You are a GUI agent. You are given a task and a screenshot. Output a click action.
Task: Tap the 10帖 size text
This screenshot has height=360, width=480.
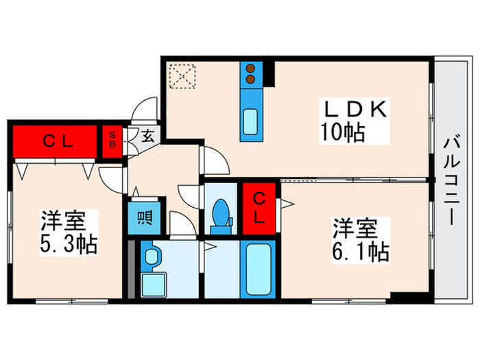coord(341,131)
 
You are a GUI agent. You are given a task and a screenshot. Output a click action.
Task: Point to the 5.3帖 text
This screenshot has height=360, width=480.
coord(68,242)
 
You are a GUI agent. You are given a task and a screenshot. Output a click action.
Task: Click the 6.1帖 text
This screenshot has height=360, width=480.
coord(361,249)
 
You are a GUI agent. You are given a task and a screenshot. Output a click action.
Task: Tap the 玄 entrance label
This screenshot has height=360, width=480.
coord(147,134)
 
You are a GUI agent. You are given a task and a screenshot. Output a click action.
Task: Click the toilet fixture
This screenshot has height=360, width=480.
coord(221,212)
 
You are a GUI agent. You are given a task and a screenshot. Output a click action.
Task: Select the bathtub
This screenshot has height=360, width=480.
coord(260,269)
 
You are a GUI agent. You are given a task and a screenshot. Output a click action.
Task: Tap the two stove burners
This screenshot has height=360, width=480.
coord(251,74)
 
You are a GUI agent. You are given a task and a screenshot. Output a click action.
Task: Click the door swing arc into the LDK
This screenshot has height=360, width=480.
coord(219,162)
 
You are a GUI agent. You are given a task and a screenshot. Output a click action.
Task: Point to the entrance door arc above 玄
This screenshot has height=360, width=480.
coord(148,110)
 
